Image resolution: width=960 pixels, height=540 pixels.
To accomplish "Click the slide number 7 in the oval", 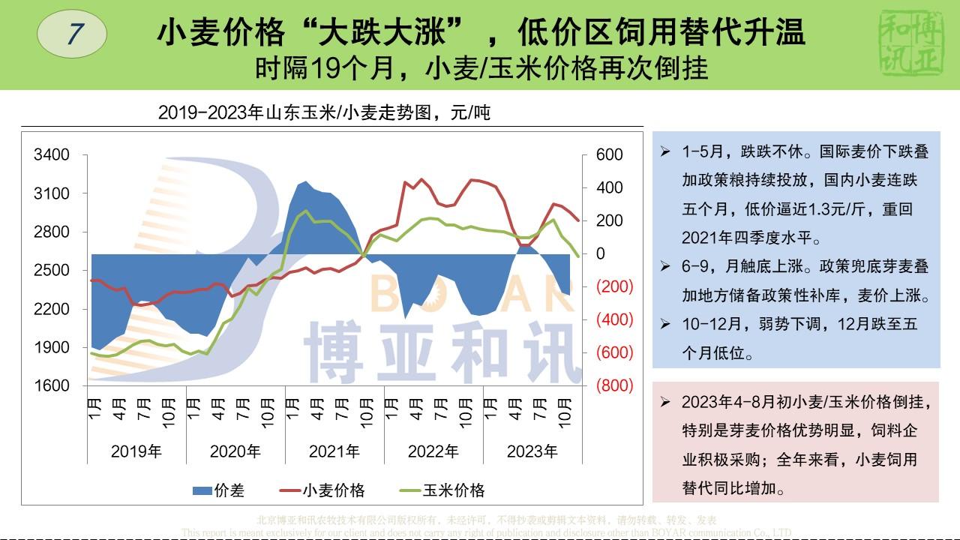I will (72, 34).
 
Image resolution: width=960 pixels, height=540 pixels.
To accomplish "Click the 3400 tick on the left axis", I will (52, 154).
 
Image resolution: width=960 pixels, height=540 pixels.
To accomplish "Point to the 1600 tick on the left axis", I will (52, 385).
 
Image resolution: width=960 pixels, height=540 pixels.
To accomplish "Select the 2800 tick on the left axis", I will (52, 232).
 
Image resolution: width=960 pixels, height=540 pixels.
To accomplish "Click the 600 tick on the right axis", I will (609, 154).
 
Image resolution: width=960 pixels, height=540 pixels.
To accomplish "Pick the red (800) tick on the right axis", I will (614, 385).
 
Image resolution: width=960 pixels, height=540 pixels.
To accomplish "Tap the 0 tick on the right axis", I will (600, 253).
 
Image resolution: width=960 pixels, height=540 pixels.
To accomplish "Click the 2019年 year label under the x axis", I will (136, 451).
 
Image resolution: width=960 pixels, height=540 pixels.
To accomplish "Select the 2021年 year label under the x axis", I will (334, 451).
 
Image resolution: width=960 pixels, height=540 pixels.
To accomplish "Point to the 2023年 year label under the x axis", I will (532, 451).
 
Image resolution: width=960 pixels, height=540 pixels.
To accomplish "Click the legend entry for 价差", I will (219, 490).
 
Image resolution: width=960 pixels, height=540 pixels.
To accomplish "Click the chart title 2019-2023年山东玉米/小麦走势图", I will (324, 113).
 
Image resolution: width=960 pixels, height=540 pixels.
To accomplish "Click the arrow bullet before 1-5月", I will (665, 151).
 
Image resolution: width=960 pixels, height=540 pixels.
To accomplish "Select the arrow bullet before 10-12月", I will (665, 324).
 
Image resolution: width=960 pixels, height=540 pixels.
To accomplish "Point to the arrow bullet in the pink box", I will (665, 402).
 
